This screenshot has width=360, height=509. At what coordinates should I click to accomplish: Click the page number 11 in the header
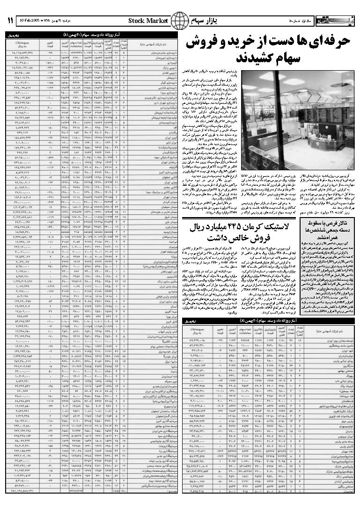click(x=9, y=20)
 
